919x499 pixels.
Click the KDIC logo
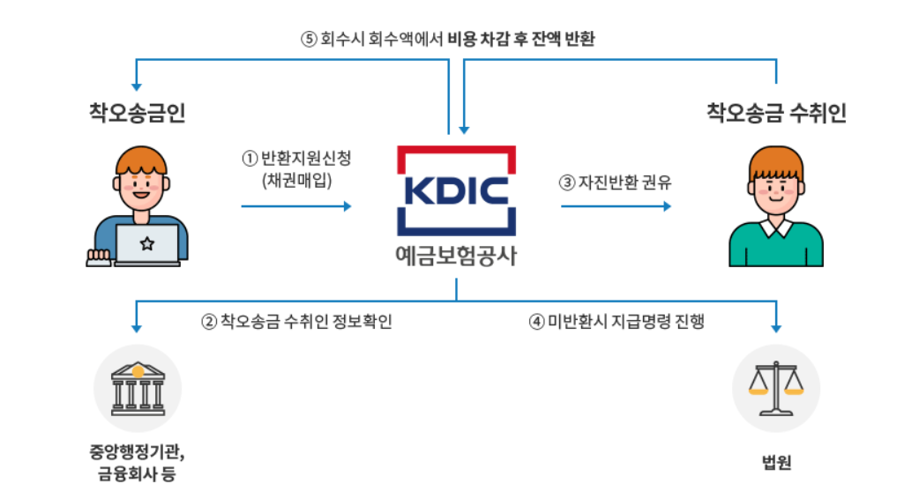(x=456, y=190)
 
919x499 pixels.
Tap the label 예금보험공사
(x=456, y=257)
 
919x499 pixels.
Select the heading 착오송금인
(x=137, y=113)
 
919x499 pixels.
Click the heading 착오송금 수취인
(x=776, y=113)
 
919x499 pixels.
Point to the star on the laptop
(x=146, y=243)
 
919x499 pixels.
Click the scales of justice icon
(x=776, y=389)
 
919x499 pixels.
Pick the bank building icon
(x=137, y=389)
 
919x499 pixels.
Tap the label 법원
(x=776, y=462)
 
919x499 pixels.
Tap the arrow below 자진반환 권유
(x=616, y=206)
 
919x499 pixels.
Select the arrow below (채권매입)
(x=296, y=206)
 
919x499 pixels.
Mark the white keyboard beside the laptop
(x=98, y=257)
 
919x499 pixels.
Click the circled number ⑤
(x=308, y=40)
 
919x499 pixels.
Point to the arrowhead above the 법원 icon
(x=776, y=328)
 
